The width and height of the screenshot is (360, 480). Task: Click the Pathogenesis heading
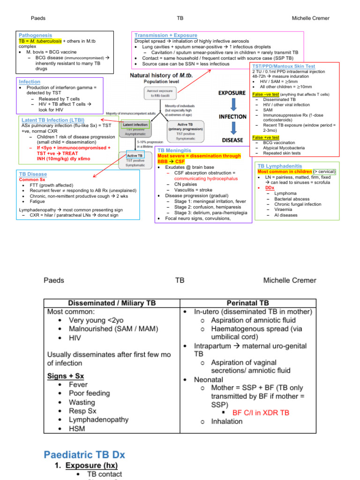click(35, 35)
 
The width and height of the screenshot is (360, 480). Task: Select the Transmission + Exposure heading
click(165, 35)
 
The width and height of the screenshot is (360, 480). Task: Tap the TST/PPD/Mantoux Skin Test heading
click(284, 67)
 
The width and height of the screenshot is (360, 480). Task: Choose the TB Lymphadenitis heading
click(279, 166)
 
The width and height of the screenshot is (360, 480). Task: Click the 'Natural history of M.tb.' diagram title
click(161, 75)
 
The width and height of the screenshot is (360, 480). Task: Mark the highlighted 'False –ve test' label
click(265, 94)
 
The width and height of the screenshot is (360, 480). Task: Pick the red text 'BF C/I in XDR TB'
click(261, 413)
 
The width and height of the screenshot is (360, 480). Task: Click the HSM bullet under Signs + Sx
click(77, 428)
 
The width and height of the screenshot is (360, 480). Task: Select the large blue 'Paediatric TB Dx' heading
click(84, 455)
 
